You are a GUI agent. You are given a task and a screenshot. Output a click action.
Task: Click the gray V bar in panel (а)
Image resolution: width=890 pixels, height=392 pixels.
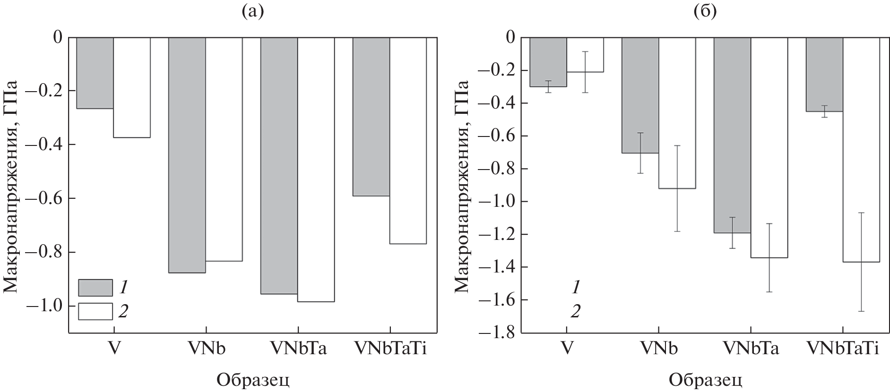95,73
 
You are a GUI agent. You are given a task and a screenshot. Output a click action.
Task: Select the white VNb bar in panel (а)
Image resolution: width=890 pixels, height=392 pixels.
224,149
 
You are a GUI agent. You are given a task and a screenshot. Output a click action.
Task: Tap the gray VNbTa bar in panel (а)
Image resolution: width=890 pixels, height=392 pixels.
279,165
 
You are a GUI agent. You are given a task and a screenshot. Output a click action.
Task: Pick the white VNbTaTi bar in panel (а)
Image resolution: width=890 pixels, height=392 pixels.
408,140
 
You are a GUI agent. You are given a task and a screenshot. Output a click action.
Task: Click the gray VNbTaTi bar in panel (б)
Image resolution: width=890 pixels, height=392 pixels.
824,74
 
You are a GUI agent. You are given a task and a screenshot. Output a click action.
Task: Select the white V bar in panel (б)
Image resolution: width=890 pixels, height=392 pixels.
585,54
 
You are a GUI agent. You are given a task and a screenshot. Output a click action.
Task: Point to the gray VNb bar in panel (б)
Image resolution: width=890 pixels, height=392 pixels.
640,95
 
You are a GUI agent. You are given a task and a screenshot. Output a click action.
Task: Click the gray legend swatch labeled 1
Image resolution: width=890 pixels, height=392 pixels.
95,287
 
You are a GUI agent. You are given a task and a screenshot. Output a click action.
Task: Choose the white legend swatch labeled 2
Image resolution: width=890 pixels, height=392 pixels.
95,311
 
